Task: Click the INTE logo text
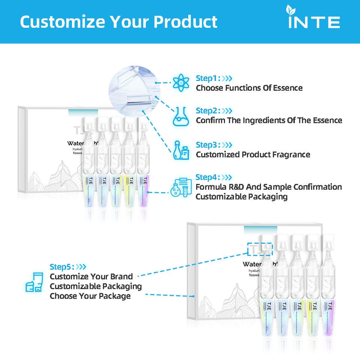[314, 22]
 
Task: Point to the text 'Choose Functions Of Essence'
[249, 88]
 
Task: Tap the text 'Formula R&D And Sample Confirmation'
[268, 187]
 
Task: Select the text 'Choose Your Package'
[90, 296]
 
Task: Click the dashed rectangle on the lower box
[260, 249]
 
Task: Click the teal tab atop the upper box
[83, 111]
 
